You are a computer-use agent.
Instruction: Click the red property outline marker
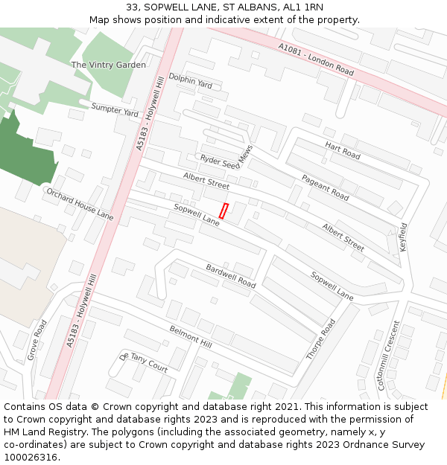click(223, 211)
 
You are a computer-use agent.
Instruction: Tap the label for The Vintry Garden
click(109, 65)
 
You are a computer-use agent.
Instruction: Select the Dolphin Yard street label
click(190, 80)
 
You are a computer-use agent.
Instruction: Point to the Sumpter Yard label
click(115, 110)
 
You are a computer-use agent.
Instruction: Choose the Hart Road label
click(343, 150)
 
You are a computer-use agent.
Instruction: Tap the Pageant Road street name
click(326, 187)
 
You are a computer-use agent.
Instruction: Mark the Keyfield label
click(404, 236)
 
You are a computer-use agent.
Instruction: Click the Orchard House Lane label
click(80, 204)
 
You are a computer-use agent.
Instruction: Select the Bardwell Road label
click(231, 276)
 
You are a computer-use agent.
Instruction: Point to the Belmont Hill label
click(191, 338)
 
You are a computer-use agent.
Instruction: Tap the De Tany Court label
click(144, 362)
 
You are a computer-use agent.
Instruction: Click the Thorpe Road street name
click(321, 340)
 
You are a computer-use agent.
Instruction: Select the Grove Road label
click(37, 340)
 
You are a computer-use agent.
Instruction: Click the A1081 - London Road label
click(317, 59)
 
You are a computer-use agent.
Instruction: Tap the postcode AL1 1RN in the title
click(302, 7)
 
